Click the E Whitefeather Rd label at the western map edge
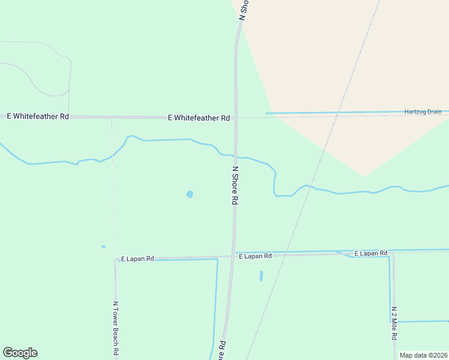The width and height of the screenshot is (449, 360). coord(37,116)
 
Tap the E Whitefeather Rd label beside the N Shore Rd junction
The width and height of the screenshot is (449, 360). coord(199,118)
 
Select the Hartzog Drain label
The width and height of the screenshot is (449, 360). coord(423,112)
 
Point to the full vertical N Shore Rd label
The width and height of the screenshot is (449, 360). coord(235,186)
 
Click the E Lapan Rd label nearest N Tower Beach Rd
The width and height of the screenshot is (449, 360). coord(137,259)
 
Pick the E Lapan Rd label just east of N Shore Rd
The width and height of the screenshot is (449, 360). coord(255,256)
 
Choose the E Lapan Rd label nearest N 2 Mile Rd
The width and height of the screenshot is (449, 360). coord(370,254)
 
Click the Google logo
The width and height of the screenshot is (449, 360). coord(20,353)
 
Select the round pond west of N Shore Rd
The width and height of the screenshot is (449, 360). coord(190,194)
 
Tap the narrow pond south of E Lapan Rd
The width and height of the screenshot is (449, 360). coord(261,276)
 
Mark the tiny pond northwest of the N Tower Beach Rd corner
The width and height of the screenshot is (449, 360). coord(103,247)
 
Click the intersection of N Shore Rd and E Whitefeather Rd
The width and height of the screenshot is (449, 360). coord(236,118)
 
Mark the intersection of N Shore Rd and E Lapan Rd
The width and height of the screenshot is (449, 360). coord(234,256)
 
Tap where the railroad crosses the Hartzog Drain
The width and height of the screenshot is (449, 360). coord(339,112)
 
